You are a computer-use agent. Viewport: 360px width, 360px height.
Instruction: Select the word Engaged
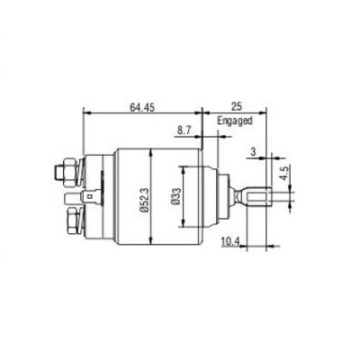click(x=235, y=119)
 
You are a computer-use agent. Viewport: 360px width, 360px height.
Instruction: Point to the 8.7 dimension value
click(x=184, y=130)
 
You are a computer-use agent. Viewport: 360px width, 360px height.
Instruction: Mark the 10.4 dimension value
click(x=229, y=240)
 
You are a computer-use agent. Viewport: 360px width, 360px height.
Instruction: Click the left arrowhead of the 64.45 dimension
click(x=85, y=113)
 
